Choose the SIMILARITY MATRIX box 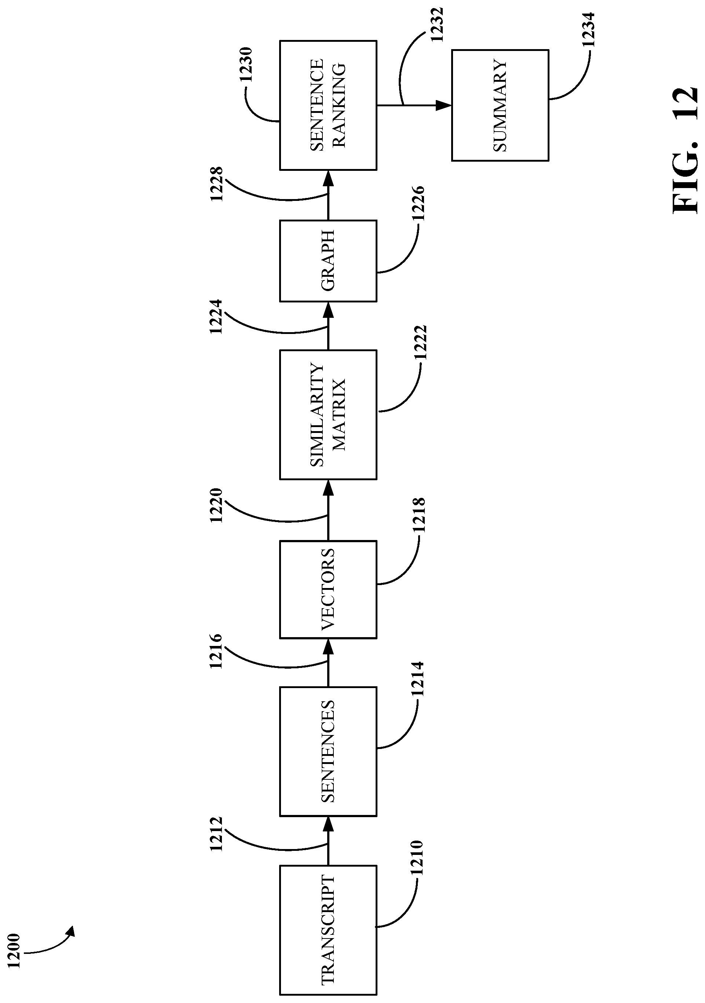pos(328,415)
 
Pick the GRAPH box pos(328,261)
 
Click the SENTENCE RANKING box pos(328,105)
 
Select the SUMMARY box pos(500,105)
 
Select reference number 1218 pos(418,515)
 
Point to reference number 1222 pos(420,342)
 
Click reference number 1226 pos(418,203)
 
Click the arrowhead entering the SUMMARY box pos(443,105)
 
